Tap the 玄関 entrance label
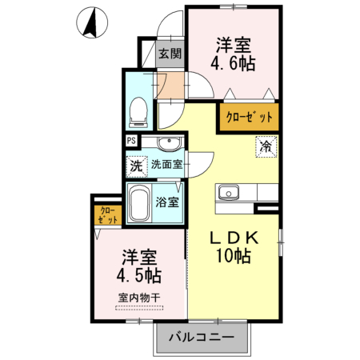point(168,54)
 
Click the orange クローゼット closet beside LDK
point(248,117)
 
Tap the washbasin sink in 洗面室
point(170,144)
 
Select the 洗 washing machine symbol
point(136,167)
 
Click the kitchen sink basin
point(227,193)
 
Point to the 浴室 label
point(167,202)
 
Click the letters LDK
point(232,238)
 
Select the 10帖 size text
point(232,257)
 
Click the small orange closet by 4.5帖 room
point(106,215)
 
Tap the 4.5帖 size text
point(140,276)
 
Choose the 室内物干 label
point(139,298)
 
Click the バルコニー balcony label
point(202,338)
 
